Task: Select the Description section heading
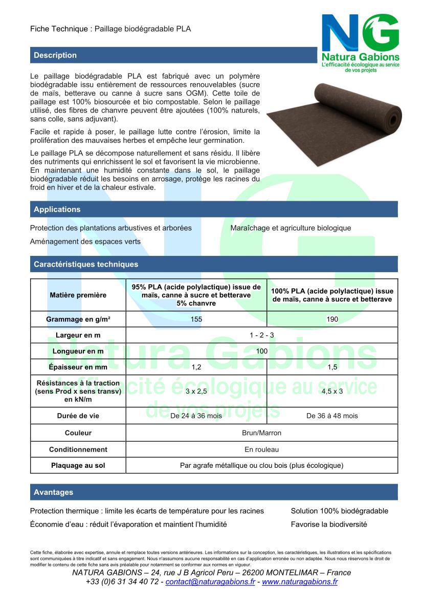pos(55,55)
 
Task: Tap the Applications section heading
pos(57,209)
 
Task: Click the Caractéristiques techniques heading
pos(86,265)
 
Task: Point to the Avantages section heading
pos(54,492)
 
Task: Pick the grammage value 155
pos(196,319)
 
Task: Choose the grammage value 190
pos(332,319)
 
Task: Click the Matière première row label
pos(78,295)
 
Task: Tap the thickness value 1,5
pos(332,367)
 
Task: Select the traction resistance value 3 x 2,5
pos(196,391)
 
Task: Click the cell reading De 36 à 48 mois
pos(332,416)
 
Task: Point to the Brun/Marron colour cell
pos(261,433)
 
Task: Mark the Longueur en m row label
pos(78,351)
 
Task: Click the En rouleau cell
pos(261,449)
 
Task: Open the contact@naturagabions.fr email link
pos(210,582)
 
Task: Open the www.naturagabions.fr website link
pos(300,582)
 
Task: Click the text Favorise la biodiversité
pos(329,524)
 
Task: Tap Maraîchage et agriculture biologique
pos(291,228)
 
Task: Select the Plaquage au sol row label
pos(78,466)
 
